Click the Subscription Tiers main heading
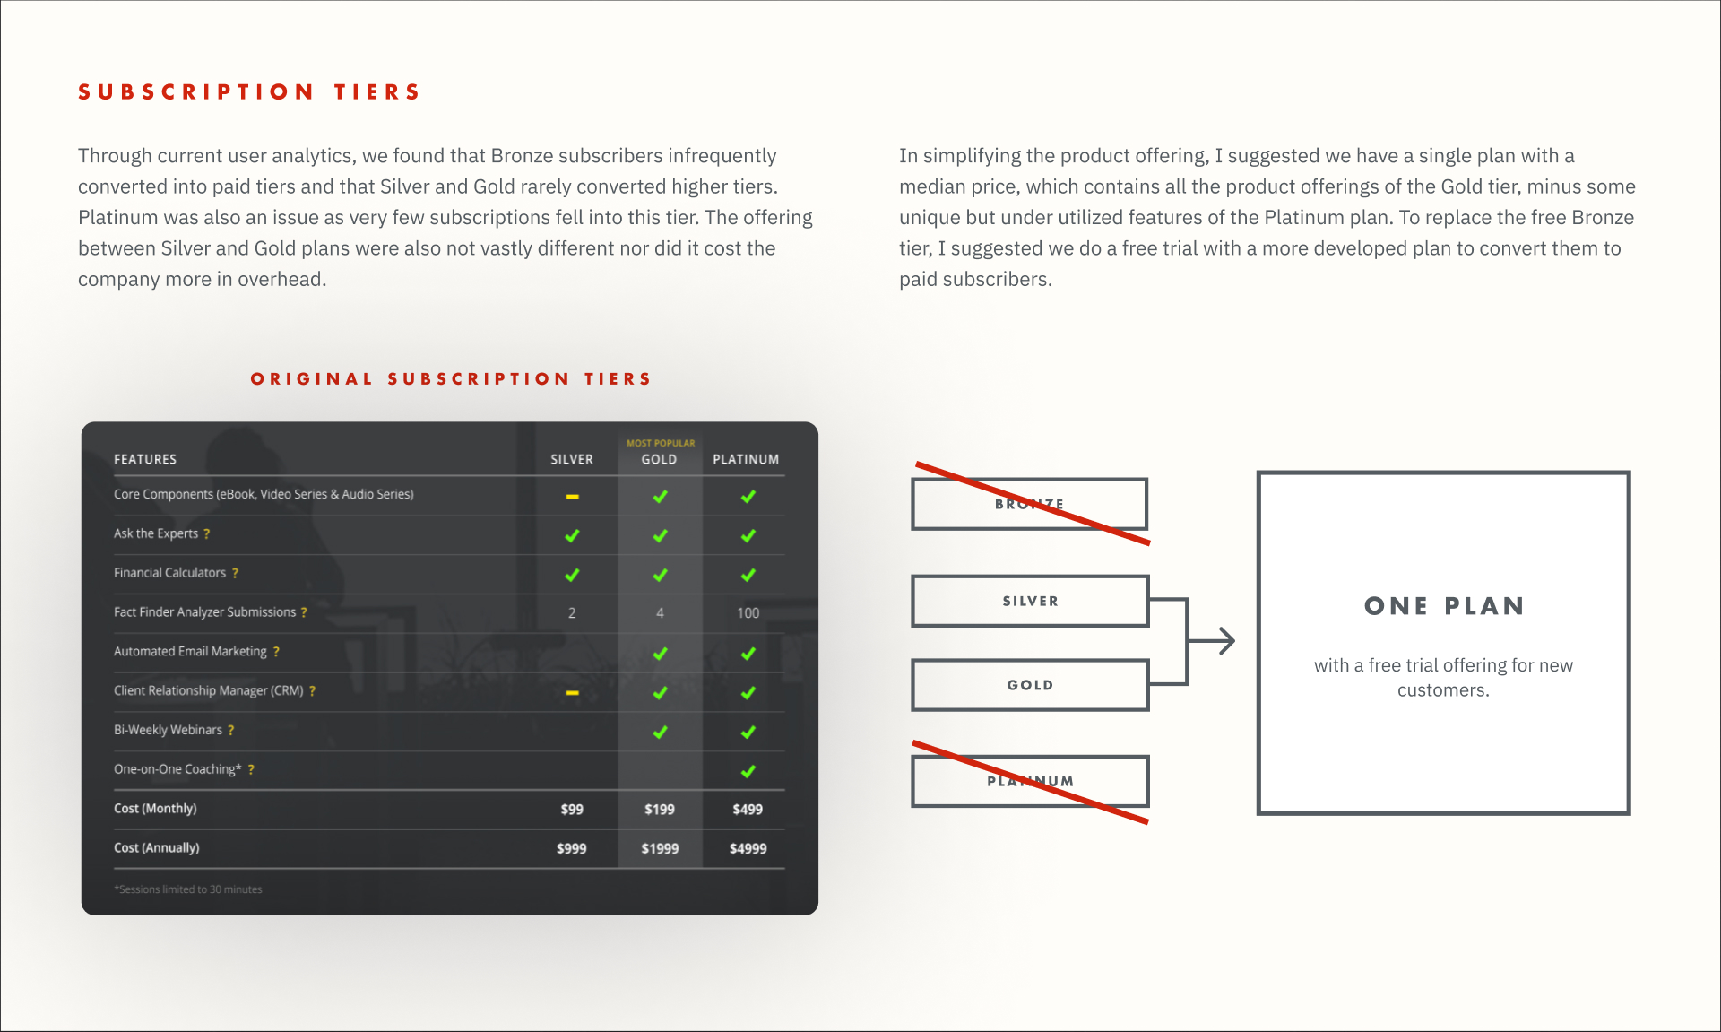[x=249, y=92]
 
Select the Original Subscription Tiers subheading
[x=451, y=379]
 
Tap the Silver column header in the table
[x=572, y=459]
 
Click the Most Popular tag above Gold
[x=661, y=443]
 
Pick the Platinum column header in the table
[x=746, y=459]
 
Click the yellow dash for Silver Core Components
[x=572, y=496]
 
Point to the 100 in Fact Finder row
[x=748, y=613]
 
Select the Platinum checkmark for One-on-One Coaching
[x=748, y=771]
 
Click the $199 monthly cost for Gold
[x=660, y=810]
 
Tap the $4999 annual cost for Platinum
[x=748, y=849]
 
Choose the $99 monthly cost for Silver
[x=572, y=810]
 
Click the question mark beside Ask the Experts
[x=207, y=533]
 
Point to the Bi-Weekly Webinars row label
[x=168, y=730]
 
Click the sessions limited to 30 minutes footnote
[x=188, y=889]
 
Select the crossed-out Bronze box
[x=1030, y=504]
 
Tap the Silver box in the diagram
[x=1030, y=601]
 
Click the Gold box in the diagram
[x=1030, y=685]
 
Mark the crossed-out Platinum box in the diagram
[x=1030, y=781]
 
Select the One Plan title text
[x=1444, y=606]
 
